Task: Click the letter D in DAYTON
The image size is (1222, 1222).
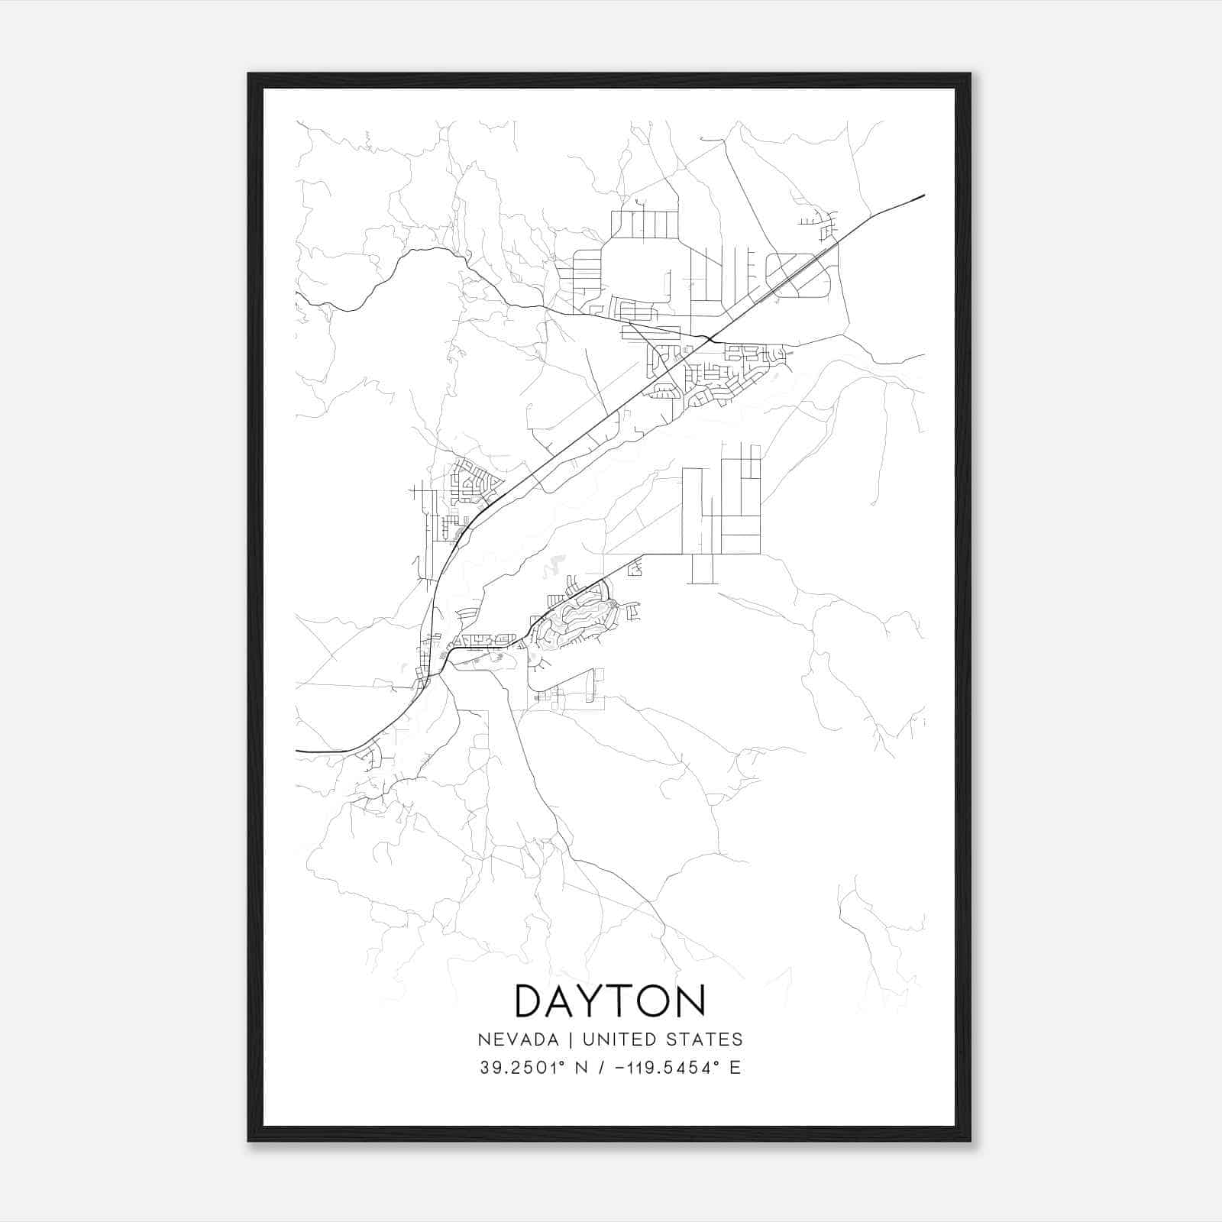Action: (x=530, y=1001)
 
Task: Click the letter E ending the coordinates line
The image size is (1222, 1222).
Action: (x=735, y=1068)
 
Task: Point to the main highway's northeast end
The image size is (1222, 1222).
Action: (x=923, y=196)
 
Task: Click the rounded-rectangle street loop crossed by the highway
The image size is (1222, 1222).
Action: (x=798, y=275)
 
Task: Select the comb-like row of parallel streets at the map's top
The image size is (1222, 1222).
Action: (x=645, y=225)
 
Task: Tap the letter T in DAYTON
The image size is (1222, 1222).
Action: (x=622, y=1001)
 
